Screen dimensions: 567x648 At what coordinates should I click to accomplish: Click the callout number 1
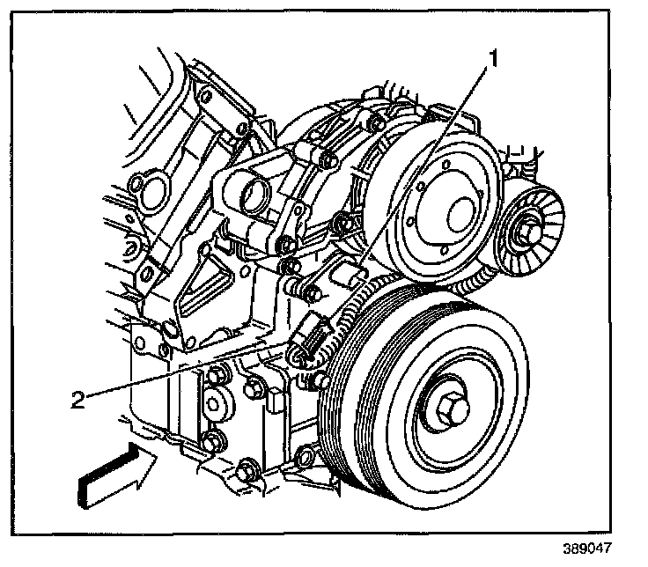[x=495, y=61]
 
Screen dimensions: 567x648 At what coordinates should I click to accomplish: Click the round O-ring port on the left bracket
[x=142, y=185]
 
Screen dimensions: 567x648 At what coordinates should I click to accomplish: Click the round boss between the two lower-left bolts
[x=217, y=406]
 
